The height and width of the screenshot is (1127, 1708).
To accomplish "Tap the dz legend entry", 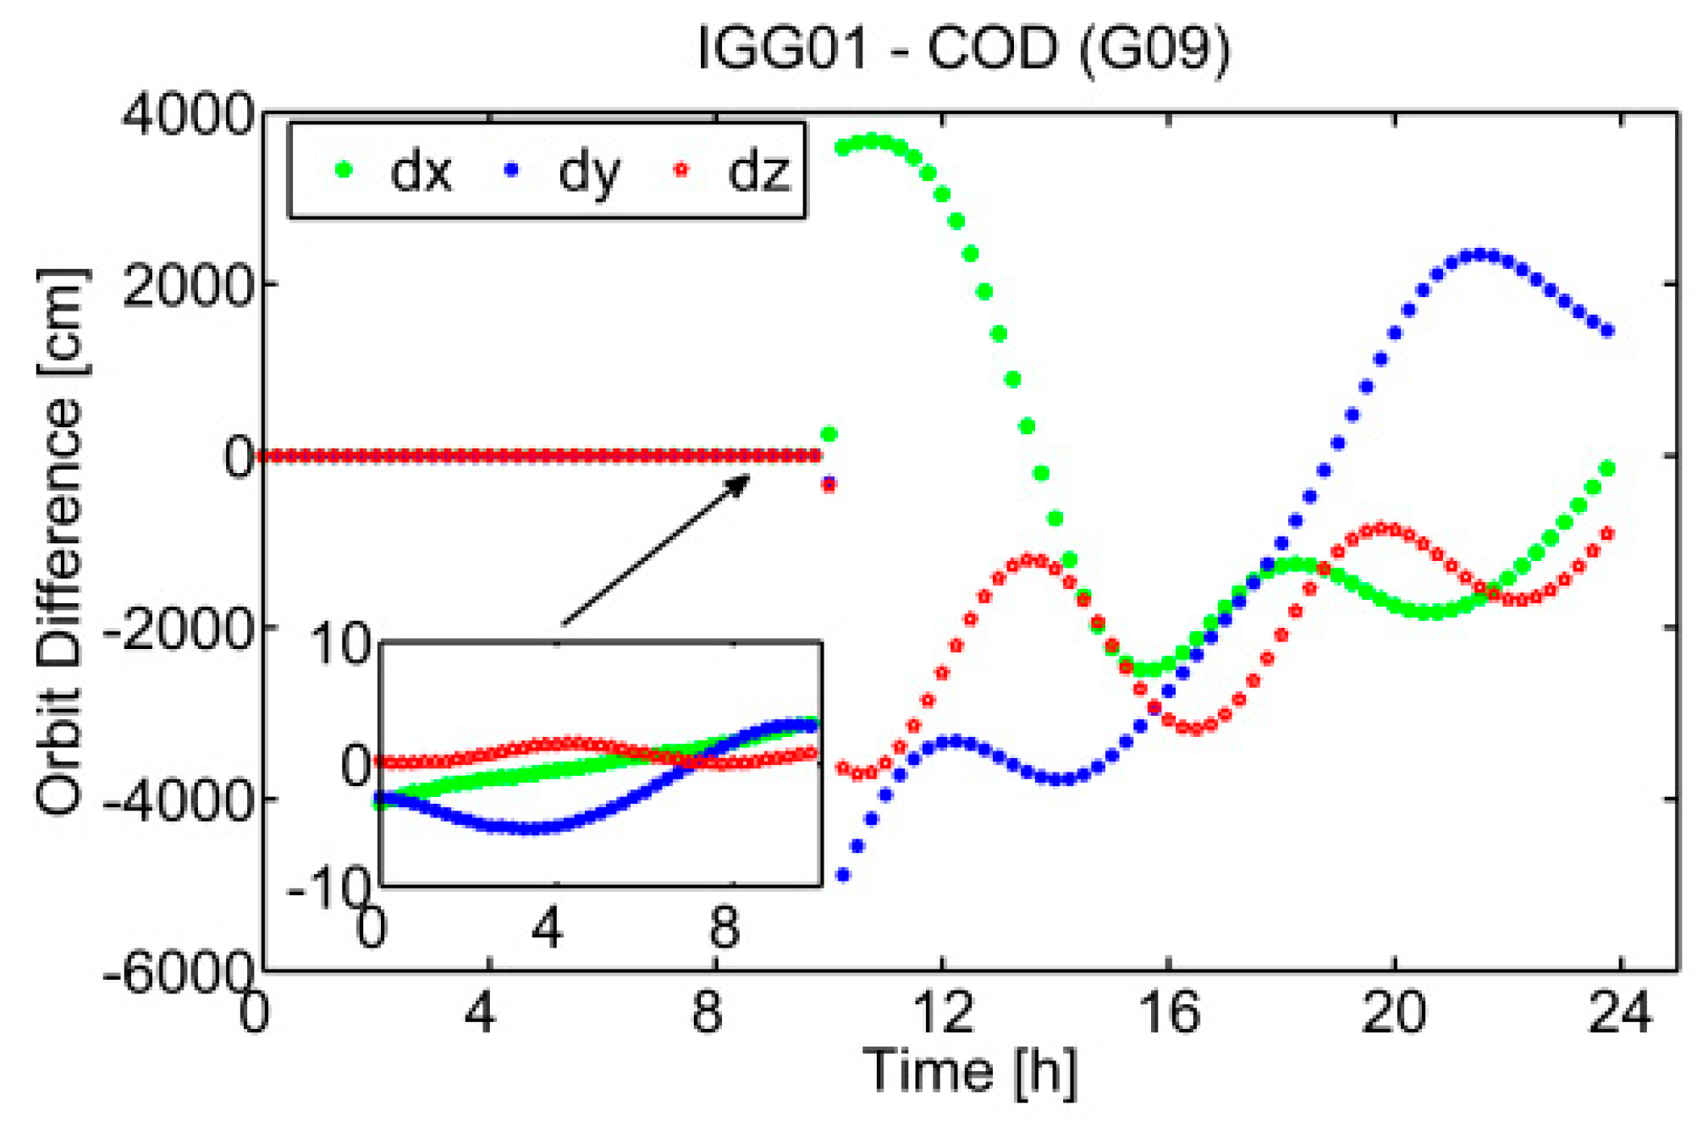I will click(735, 171).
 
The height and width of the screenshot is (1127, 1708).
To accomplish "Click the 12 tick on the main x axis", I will click(943, 1012).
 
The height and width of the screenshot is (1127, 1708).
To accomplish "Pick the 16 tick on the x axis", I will click(1170, 1012).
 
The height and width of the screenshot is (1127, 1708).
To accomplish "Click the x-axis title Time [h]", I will click(970, 1071).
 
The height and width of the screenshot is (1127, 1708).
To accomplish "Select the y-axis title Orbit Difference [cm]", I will click(61, 542).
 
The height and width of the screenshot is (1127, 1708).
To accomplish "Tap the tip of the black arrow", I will click(748, 477).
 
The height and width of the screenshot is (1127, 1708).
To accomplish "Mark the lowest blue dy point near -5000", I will click(843, 875).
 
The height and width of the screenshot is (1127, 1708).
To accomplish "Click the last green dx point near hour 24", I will click(1608, 469).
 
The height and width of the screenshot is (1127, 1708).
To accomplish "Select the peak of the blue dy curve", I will click(1479, 255).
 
